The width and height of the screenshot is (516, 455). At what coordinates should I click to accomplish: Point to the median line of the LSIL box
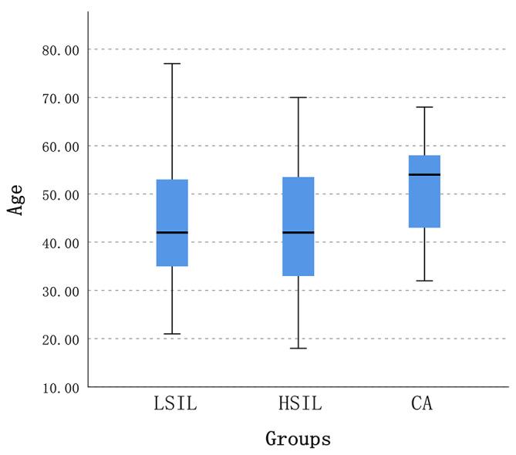172,232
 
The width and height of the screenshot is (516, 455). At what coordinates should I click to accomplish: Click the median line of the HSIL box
298,232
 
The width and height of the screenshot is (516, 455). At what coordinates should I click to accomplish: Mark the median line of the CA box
424,174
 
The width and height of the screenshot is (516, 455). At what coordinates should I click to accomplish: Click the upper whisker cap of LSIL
172,63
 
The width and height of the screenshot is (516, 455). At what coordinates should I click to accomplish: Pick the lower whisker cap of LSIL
172,334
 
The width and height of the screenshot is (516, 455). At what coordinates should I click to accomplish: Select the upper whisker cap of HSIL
298,97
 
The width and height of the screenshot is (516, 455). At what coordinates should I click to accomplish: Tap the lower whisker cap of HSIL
298,349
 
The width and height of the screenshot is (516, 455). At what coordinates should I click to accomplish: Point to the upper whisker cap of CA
424,107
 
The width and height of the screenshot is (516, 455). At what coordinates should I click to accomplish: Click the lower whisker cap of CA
424,281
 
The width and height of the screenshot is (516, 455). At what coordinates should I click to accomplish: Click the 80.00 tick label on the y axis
61,50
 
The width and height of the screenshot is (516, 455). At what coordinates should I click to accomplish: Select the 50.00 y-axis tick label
61,195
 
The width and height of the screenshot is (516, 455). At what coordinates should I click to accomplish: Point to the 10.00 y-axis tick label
61,388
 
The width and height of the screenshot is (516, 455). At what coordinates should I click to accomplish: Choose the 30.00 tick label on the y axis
61,292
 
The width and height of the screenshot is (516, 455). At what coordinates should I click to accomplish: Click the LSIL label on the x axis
172,404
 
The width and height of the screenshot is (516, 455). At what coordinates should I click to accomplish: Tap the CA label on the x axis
422,404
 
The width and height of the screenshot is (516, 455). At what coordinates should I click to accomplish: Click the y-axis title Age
15,199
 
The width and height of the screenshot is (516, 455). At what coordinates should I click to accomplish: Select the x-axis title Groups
298,440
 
